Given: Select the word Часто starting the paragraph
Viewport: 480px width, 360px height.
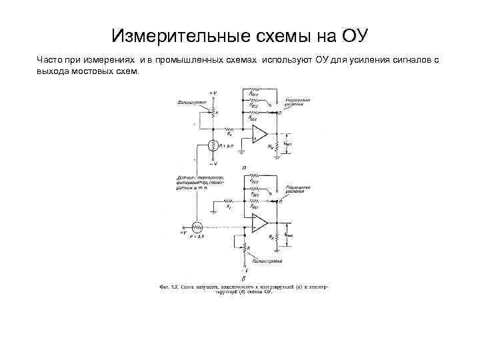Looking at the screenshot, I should [x=49, y=60].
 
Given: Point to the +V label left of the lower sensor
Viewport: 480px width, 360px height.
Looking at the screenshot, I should [x=183, y=231].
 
